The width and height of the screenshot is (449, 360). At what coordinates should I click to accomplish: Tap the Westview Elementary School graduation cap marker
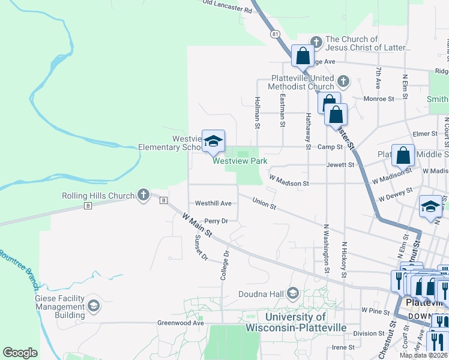pos(212,142)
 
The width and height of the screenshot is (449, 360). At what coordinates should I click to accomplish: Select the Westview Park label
pos(240,161)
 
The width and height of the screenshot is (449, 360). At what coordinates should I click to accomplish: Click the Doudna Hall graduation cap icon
pos(293,293)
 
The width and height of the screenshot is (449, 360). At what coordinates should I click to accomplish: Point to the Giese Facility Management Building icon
pos(93,305)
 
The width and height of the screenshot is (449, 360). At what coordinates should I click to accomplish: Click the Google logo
pos(20,352)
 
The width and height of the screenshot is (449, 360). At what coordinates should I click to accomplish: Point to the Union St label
pos(264,204)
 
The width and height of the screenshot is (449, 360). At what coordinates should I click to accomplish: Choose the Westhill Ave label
pos(213,203)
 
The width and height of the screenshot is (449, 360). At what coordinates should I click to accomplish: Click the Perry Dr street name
pos(216,221)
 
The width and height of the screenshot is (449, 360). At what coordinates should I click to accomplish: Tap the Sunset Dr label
pos(200,248)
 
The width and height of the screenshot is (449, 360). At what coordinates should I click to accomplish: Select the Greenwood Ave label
pos(181,323)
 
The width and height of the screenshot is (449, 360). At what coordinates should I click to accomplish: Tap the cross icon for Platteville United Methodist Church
pos(343,81)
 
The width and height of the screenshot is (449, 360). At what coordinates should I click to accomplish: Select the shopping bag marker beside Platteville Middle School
pos(403,155)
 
